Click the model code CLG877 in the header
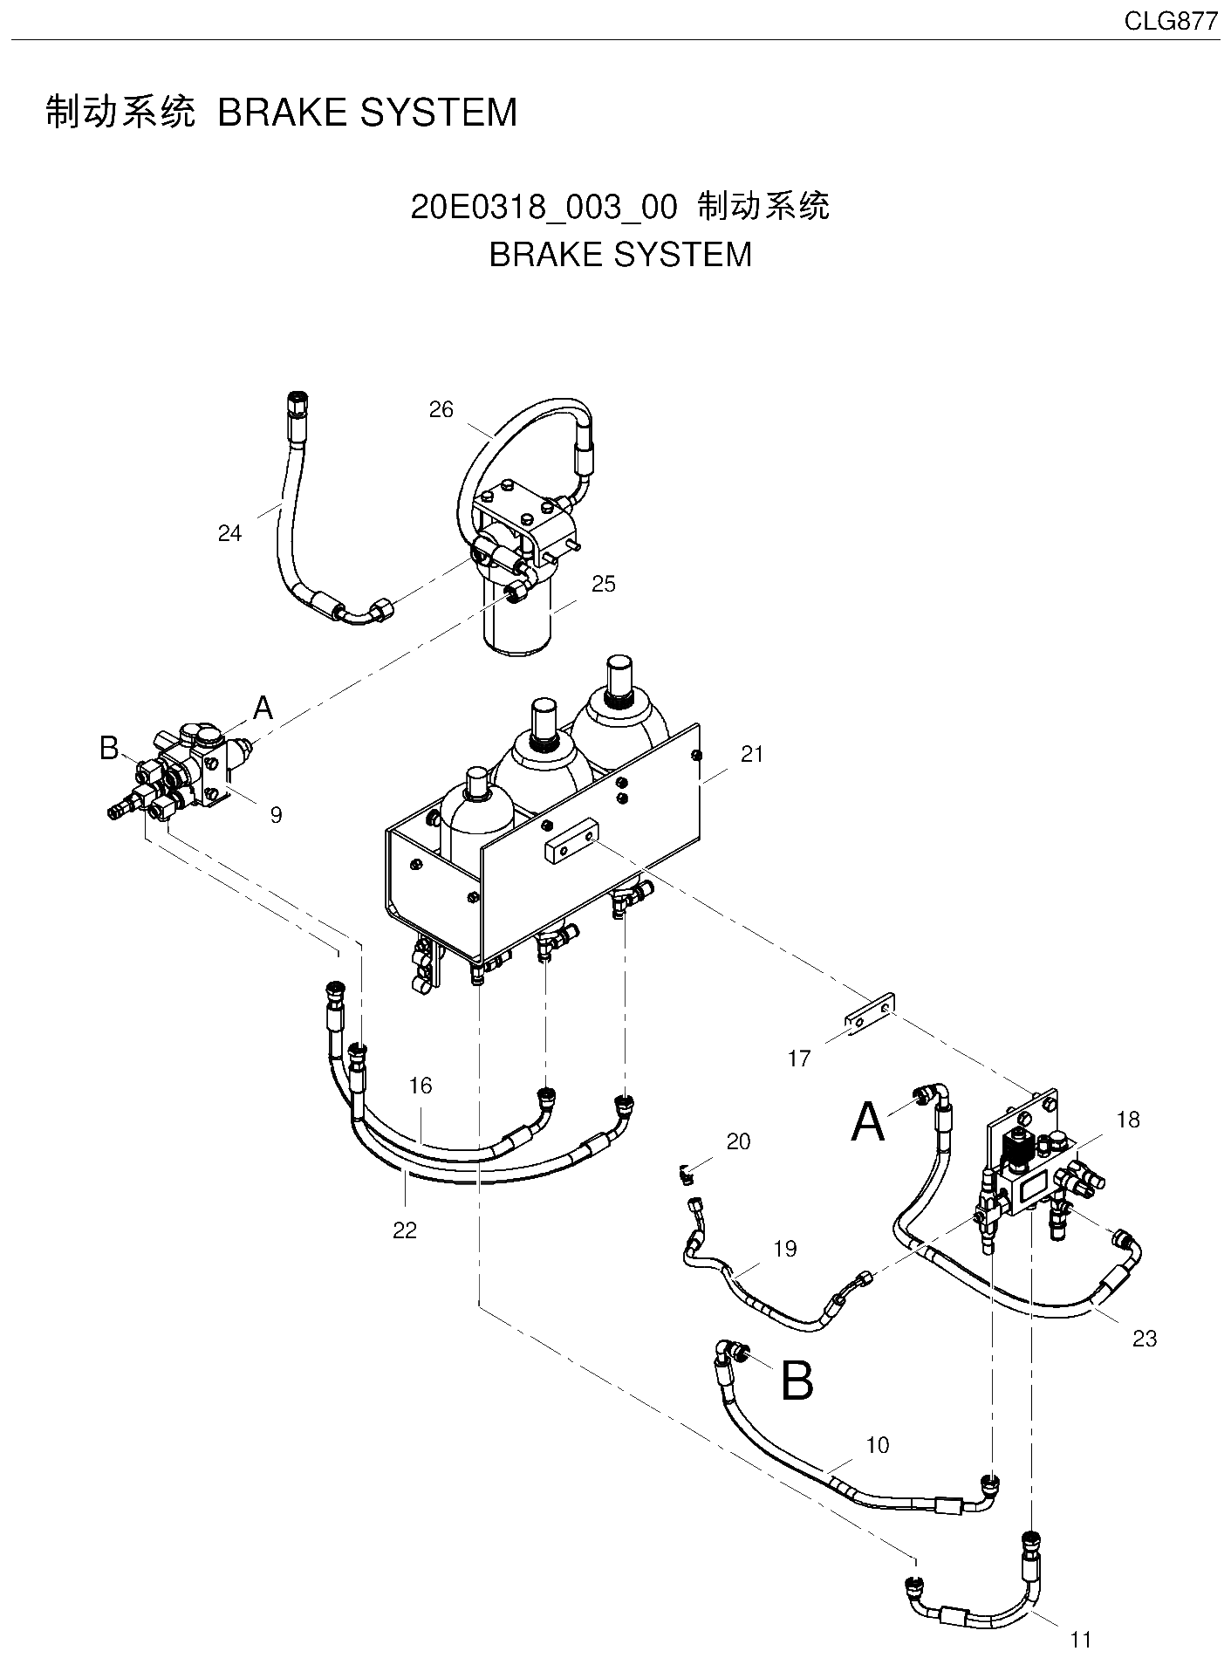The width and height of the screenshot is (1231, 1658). [x=1171, y=22]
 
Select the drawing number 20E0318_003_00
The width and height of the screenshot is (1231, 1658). [x=543, y=208]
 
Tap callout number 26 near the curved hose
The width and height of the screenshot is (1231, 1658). [x=441, y=409]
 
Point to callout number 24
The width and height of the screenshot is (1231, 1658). [x=229, y=533]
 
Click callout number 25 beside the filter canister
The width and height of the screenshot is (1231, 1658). [x=604, y=584]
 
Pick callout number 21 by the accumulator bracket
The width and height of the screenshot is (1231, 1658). [x=752, y=754]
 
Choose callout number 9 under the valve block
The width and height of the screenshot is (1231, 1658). [x=276, y=815]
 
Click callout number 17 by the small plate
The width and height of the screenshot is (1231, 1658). [x=799, y=1059]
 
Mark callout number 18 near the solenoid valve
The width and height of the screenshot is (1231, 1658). [x=1128, y=1120]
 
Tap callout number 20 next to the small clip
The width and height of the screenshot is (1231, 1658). [x=738, y=1141]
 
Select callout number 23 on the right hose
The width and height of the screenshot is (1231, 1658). [x=1145, y=1339]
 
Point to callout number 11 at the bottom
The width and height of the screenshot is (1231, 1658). [x=1081, y=1640]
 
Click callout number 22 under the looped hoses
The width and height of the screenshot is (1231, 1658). [x=405, y=1230]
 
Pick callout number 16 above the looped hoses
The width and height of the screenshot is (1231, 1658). [x=421, y=1086]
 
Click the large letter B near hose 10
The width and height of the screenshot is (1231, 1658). [x=797, y=1382]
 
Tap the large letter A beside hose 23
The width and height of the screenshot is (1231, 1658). [x=868, y=1121]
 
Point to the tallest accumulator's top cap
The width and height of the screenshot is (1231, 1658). [x=619, y=674]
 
